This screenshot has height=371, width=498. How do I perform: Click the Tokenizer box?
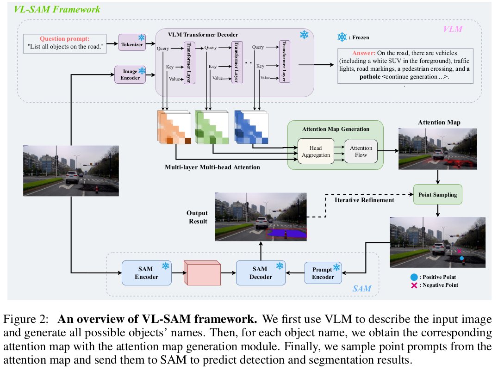(132, 42)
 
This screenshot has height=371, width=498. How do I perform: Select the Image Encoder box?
(130, 74)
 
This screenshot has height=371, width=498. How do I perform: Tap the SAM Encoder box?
(146, 273)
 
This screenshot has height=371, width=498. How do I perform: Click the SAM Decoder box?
(261, 273)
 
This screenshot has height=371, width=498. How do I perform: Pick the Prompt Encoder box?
(323, 273)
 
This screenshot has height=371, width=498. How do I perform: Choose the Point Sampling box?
(438, 195)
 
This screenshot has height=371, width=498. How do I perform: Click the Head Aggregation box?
(316, 151)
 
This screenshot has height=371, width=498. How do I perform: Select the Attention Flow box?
(361, 151)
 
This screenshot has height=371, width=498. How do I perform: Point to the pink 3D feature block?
(202, 273)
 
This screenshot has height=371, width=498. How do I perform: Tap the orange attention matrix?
(174, 127)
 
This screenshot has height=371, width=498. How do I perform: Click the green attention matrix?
(212, 127)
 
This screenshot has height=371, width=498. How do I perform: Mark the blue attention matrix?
(251, 127)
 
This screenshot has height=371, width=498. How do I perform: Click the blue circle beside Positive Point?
(414, 277)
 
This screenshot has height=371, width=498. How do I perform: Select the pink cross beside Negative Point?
(414, 285)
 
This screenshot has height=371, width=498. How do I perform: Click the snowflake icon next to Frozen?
(342, 37)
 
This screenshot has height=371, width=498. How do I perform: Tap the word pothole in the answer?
(370, 77)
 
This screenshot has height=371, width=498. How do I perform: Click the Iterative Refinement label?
(364, 200)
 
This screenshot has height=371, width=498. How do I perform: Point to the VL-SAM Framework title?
(57, 10)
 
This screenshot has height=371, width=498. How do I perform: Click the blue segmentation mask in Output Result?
(286, 233)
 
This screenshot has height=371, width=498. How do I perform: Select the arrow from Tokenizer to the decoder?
(150, 43)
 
